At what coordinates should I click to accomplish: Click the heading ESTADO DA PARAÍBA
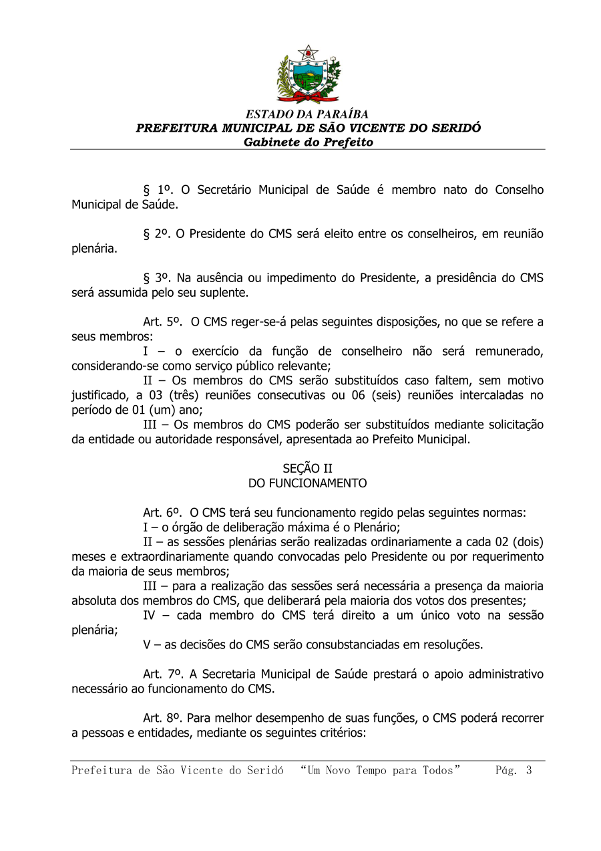point(307,114)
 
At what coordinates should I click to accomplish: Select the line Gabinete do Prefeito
point(308,142)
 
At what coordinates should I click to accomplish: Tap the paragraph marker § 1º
point(157,191)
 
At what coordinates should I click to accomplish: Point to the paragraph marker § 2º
point(157,235)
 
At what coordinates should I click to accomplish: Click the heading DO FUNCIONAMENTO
point(307,483)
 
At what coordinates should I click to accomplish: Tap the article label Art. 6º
point(162,513)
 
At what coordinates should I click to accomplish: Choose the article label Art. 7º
point(162,675)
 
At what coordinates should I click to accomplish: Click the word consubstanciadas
point(348,645)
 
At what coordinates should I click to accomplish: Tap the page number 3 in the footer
point(529,771)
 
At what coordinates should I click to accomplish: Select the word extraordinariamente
point(153,557)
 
